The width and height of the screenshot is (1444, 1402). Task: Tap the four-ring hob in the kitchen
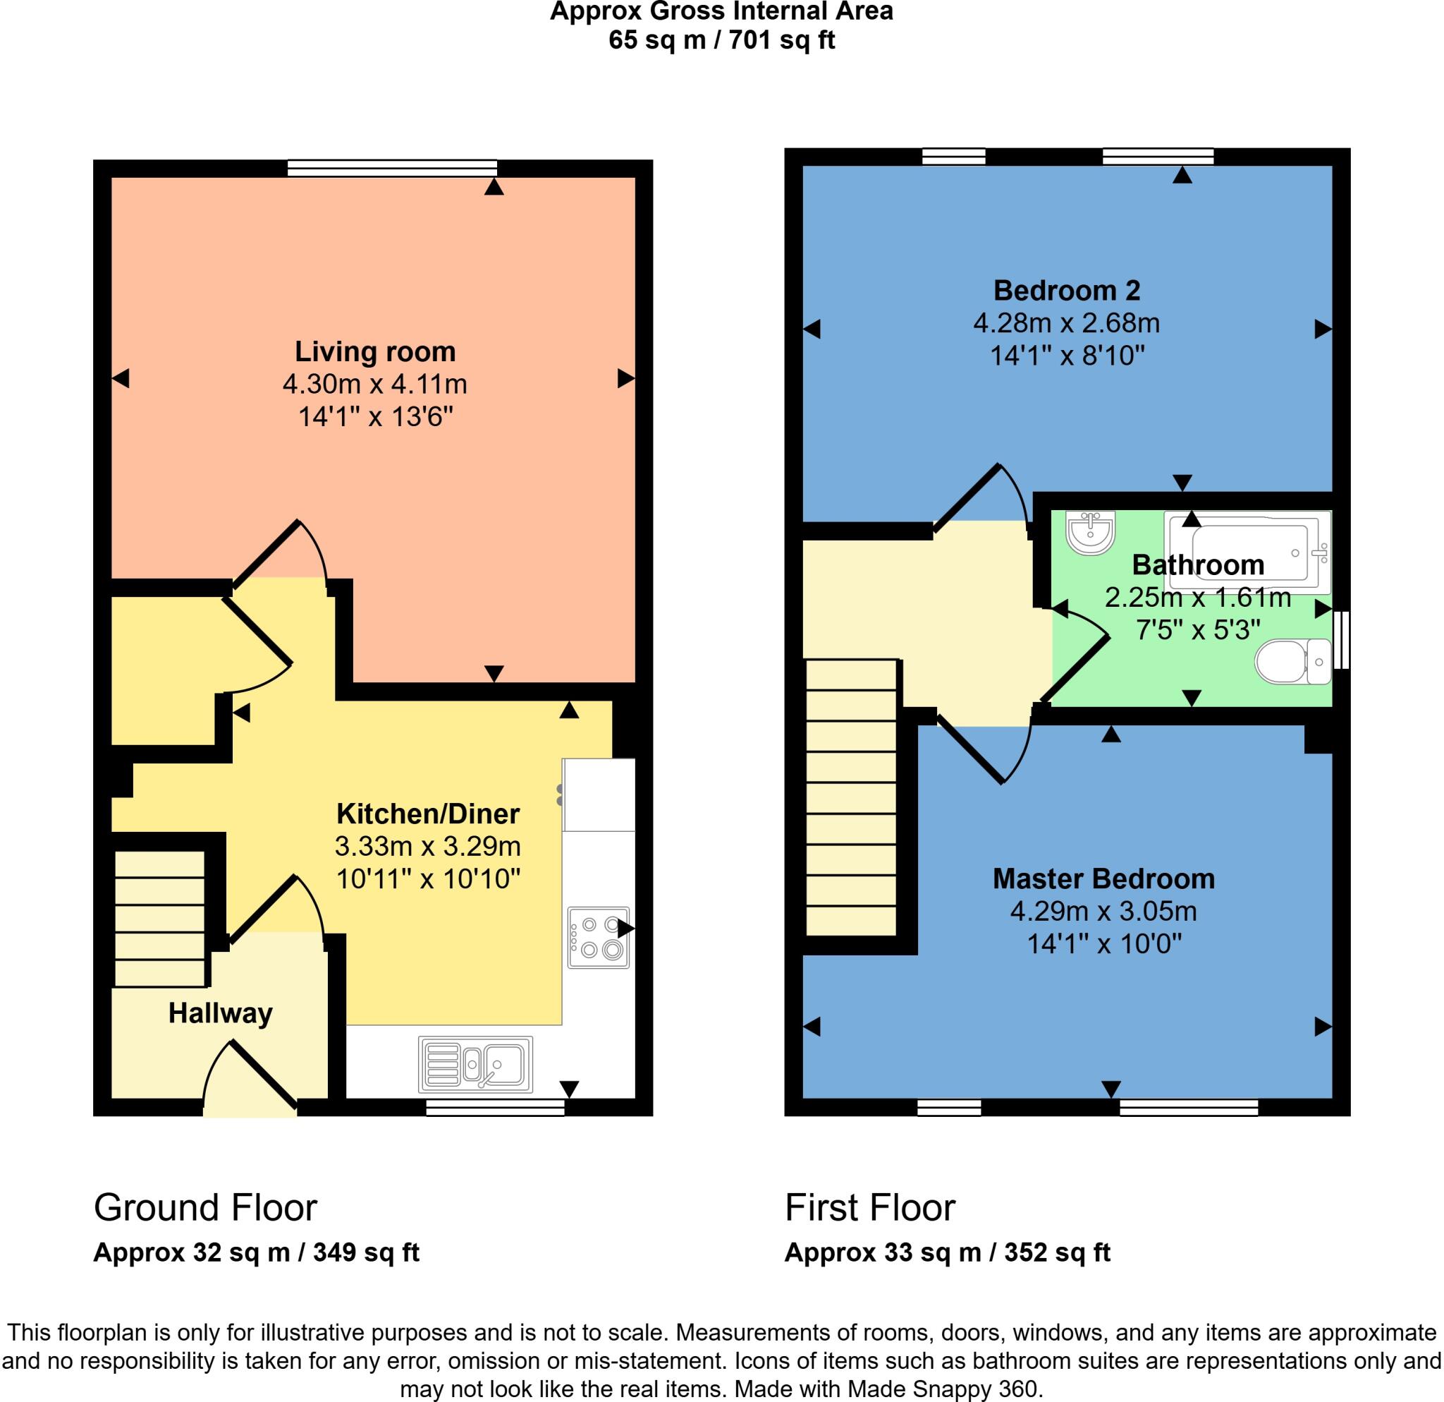[598, 937]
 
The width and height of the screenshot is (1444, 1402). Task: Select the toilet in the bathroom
[1293, 661]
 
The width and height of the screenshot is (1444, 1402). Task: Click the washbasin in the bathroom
[1090, 531]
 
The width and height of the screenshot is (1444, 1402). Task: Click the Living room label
[375, 351]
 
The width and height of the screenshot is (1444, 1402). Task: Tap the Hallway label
[220, 1013]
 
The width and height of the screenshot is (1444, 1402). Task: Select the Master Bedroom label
[1103, 878]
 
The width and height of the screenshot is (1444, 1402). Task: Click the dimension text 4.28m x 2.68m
[1066, 323]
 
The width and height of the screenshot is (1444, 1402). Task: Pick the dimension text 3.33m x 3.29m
[427, 846]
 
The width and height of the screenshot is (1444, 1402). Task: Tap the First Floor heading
[869, 1207]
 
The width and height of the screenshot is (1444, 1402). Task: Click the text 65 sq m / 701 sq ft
[721, 40]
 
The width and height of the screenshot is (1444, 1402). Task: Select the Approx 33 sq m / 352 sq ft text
[948, 1252]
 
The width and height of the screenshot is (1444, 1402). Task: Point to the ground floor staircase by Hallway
[160, 918]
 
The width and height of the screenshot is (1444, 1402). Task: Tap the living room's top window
[392, 168]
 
